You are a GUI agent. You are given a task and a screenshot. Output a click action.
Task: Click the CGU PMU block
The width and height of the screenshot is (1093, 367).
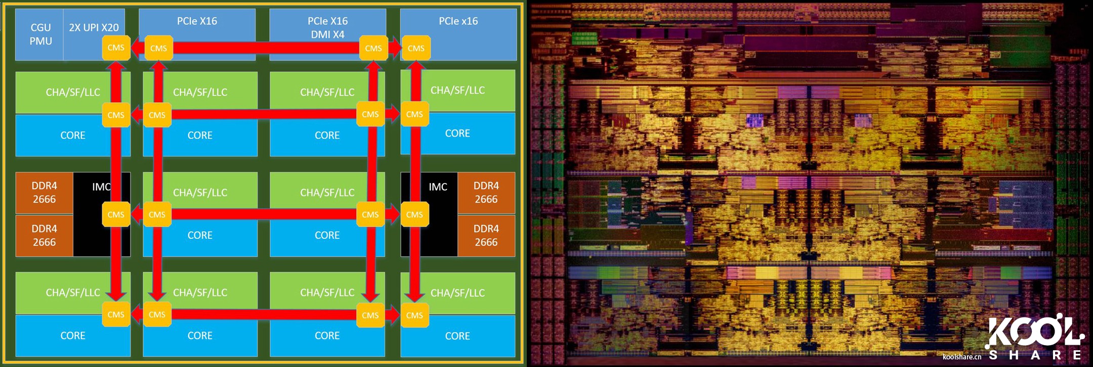(40, 34)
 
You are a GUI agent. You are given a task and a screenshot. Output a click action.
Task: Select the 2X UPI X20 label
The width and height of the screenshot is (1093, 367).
(94, 27)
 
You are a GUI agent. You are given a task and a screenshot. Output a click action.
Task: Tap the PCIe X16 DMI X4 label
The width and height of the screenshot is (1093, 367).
(327, 28)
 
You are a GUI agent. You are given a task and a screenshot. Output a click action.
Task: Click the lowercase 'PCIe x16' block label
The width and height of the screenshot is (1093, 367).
(458, 21)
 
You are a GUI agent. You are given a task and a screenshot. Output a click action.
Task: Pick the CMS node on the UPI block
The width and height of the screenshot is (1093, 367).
(116, 48)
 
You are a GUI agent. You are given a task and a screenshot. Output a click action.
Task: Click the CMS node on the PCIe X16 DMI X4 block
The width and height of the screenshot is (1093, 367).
(373, 48)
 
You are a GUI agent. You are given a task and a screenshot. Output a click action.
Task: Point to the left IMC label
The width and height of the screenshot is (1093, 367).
(101, 187)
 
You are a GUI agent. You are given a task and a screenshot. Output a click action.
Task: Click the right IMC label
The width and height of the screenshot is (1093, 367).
(438, 187)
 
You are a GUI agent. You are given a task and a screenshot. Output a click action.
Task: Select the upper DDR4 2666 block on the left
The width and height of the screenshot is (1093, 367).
(45, 192)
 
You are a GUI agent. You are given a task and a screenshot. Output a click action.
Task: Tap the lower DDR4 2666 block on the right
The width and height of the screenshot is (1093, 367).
(486, 235)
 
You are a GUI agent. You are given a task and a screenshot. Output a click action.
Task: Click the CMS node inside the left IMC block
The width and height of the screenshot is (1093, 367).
(116, 215)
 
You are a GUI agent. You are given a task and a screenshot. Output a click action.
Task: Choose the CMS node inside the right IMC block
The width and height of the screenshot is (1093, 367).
(414, 215)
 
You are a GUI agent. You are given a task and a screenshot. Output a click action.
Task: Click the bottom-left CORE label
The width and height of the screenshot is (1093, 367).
(73, 336)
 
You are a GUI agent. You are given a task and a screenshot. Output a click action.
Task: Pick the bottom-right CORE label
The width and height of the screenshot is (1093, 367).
(457, 336)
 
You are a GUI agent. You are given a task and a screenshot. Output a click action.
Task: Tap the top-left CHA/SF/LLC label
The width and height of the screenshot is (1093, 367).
(73, 92)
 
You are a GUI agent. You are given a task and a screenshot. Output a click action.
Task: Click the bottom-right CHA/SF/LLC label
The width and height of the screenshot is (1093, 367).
(457, 293)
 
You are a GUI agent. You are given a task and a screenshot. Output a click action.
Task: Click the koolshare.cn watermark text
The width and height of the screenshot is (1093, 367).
(961, 357)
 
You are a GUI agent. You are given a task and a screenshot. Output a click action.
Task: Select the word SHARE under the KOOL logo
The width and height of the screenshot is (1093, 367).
(1035, 355)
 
